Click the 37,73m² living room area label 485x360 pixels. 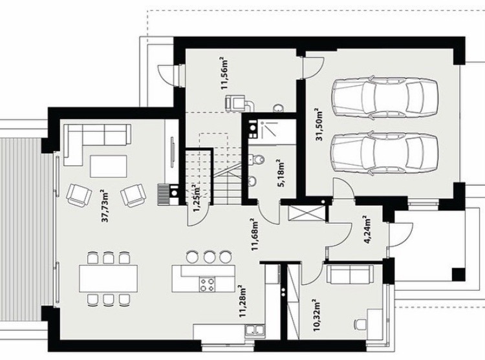(105, 206)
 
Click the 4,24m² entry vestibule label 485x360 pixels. (367, 230)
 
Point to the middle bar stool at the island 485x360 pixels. (210, 257)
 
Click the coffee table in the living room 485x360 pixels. (108, 166)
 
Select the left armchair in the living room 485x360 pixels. (79, 195)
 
